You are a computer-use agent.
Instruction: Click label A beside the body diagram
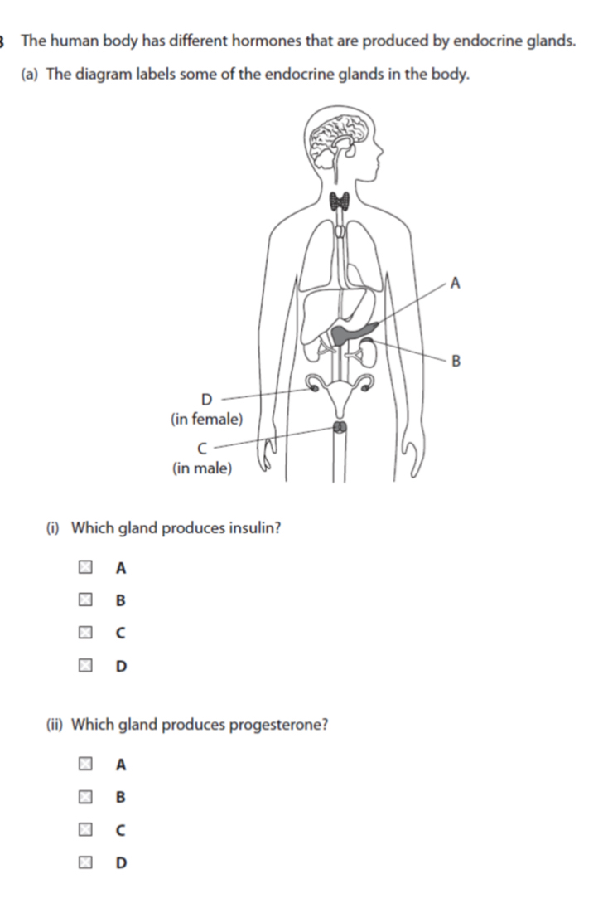click(455, 284)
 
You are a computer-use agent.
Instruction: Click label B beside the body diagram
click(456, 361)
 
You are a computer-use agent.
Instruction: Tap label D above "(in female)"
click(206, 399)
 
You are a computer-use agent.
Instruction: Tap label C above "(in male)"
click(202, 448)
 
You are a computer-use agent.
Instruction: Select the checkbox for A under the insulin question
click(85, 567)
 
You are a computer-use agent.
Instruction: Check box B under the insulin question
click(85, 600)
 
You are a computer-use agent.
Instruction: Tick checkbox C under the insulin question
click(85, 633)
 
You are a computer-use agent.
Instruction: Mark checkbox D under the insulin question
click(85, 665)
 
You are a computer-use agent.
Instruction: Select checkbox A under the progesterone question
click(85, 764)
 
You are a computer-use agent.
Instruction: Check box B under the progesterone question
click(85, 797)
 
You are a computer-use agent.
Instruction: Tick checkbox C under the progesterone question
click(85, 829)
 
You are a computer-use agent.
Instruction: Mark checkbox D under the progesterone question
click(85, 862)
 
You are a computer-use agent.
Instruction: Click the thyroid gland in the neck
click(340, 201)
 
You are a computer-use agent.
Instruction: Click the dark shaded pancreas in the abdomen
click(352, 333)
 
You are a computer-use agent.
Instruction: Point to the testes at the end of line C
click(340, 427)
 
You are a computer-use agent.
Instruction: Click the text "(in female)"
click(206, 420)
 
